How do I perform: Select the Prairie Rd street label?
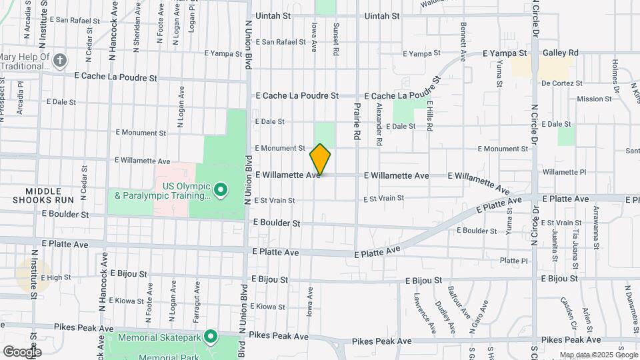(x=357, y=116)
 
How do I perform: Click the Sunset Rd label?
(x=335, y=38)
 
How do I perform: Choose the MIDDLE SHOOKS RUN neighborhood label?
(x=45, y=195)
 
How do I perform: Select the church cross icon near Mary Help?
(x=60, y=61)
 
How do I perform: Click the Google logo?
(x=21, y=351)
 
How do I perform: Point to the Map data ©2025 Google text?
(x=598, y=355)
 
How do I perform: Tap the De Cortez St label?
(x=561, y=83)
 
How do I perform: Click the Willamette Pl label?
(x=563, y=171)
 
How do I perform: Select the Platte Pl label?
(x=513, y=261)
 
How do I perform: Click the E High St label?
(x=55, y=277)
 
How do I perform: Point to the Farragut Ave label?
(x=197, y=301)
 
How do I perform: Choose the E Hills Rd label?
(x=430, y=117)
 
